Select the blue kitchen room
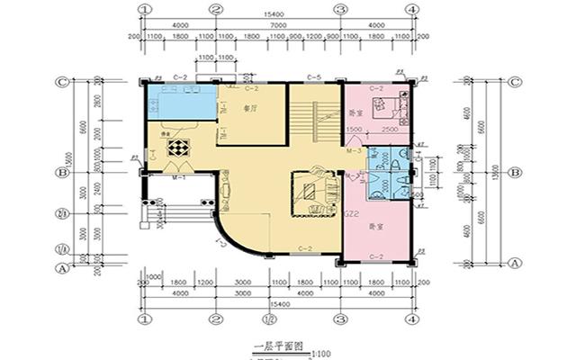tap(179, 102)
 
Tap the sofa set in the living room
tap(311, 192)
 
